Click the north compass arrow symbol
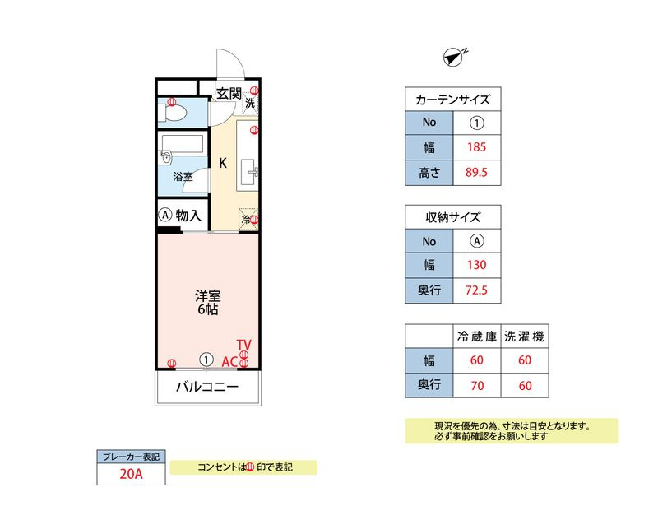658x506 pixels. coord(453,58)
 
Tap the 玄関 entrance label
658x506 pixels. coord(229,93)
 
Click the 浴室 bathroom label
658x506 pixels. coord(183,177)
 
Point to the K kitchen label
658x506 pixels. coord(223,163)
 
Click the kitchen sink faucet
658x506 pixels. coord(253,172)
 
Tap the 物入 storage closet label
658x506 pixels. coord(188,216)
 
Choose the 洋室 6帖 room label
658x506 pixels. coord(208,302)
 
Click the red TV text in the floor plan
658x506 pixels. coord(243,345)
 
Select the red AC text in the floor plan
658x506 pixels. coord(229,362)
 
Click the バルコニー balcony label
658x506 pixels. coord(207,387)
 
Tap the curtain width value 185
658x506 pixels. coord(477,147)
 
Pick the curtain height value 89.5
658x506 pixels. coord(476,172)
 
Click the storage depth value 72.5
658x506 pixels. coord(476,290)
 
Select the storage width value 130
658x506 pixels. coord(477,265)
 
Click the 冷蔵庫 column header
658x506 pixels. coord(477,337)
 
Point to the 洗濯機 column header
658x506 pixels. coord(525,337)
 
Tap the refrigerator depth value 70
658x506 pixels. coord(477,386)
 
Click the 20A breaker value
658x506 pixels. coord(131,474)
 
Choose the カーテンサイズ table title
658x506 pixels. coord(453,100)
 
